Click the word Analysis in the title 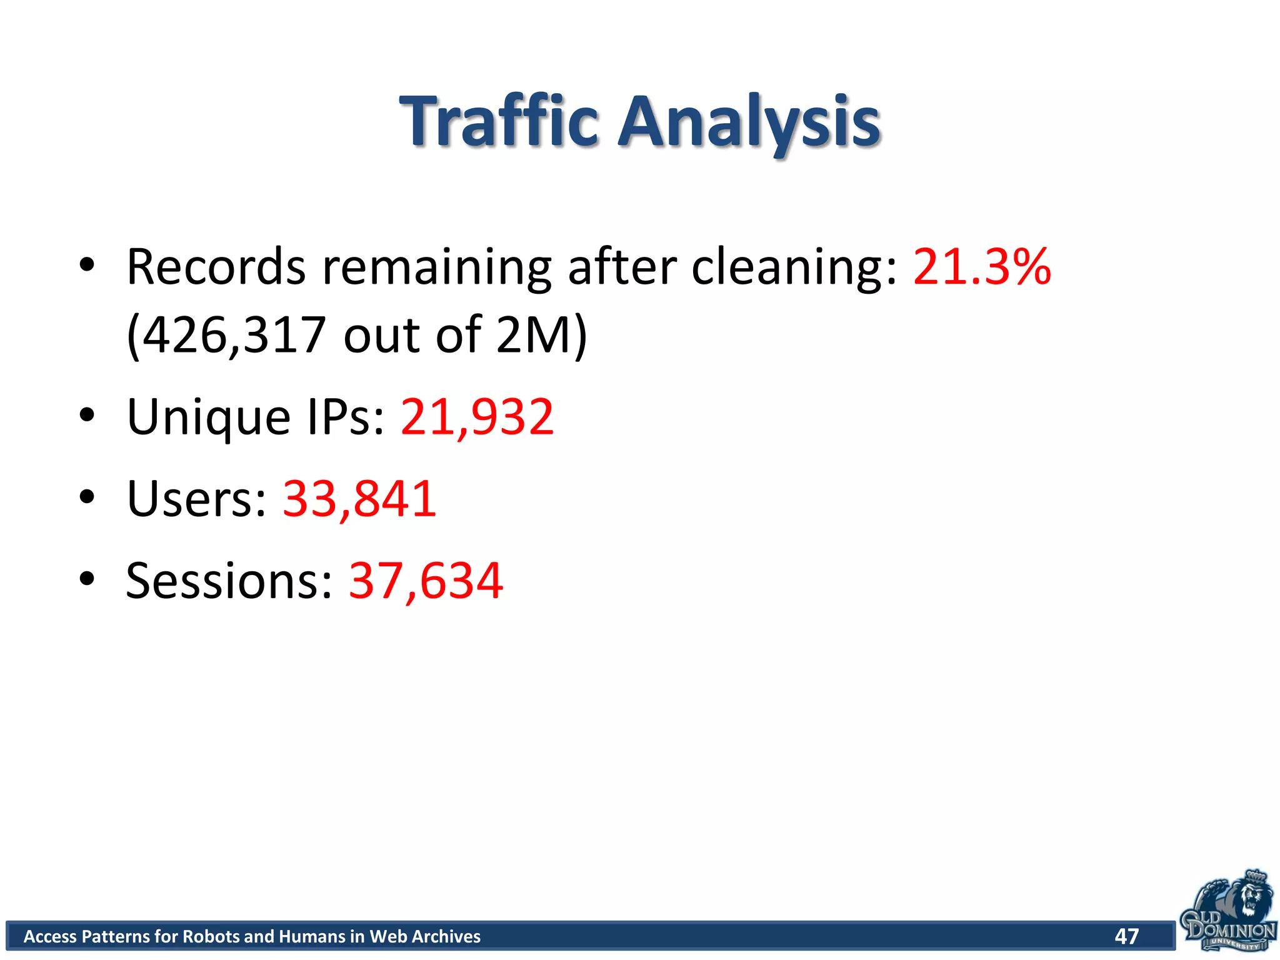click(749, 122)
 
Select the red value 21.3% click(982, 267)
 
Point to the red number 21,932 click(477, 417)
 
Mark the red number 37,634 click(426, 581)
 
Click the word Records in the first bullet click(216, 267)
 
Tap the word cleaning click(794, 268)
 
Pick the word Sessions click(229, 581)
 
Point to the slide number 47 click(1126, 936)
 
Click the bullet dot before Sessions click(87, 578)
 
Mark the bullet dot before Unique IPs click(87, 414)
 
